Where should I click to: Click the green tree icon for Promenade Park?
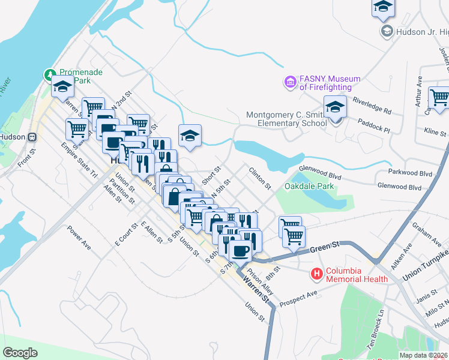pyautogui.click(x=49, y=75)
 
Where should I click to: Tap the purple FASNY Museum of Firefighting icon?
pyautogui.click(x=291, y=82)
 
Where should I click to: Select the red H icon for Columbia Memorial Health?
pyautogui.click(x=316, y=274)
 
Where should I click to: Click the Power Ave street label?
pyautogui.click(x=79, y=237)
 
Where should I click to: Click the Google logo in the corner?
pyautogui.click(x=20, y=353)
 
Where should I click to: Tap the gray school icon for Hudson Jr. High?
pyautogui.click(x=387, y=31)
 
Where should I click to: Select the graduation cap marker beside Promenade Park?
pyautogui.click(x=62, y=87)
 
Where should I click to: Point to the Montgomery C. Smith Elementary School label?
pyautogui.click(x=286, y=119)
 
